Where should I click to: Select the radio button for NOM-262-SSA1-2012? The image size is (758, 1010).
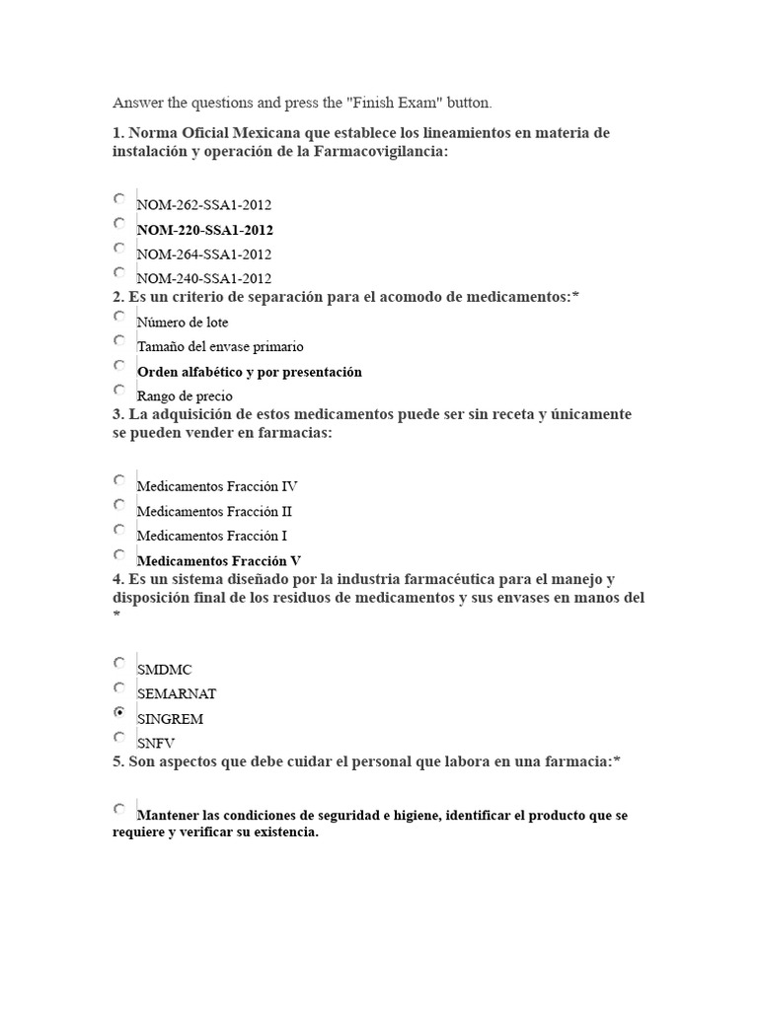[119, 198]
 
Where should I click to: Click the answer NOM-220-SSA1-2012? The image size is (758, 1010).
[204, 230]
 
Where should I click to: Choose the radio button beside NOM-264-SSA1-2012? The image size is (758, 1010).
[119, 248]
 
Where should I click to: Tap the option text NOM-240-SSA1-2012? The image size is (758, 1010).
[204, 279]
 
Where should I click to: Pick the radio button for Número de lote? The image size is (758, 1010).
[119, 316]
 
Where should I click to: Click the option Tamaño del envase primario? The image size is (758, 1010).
[220, 347]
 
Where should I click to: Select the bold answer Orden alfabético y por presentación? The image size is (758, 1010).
[250, 372]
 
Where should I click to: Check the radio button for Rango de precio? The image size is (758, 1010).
[119, 390]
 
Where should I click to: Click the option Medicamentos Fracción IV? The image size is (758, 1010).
[217, 486]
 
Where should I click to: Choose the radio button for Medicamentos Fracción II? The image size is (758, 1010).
[119, 504]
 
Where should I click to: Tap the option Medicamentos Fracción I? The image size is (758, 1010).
[212, 537]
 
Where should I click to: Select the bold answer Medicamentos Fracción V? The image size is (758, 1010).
[218, 561]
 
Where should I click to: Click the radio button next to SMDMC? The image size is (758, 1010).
[119, 663]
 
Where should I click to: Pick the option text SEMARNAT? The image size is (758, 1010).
[177, 694]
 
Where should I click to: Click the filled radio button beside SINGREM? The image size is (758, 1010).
[119, 712]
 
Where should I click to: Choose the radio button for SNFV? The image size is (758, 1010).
[119, 737]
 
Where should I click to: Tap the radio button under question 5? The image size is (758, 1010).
[119, 809]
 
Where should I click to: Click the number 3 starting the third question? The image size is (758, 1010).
[116, 414]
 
